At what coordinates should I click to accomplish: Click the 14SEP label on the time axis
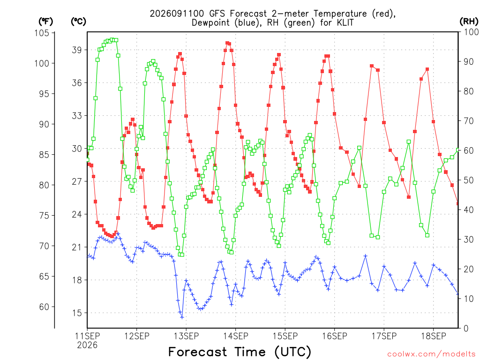pos(235,336)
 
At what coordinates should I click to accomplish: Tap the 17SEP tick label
pos(384,336)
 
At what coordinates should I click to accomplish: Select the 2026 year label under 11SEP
pos(87,345)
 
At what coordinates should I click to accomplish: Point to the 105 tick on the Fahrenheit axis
pos(42,33)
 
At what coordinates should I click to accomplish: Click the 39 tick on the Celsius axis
pos(77,50)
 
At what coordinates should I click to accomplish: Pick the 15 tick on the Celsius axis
pos(77,313)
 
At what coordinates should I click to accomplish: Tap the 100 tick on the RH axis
pos(472,32)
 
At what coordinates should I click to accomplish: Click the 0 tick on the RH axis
pos(466,329)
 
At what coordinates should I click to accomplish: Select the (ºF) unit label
pos(45,22)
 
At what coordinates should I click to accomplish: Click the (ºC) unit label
pos(78,22)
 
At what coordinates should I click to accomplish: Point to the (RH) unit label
pos(469,21)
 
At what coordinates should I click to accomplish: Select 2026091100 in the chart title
pos(177,14)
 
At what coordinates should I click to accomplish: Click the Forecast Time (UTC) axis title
pos(240,352)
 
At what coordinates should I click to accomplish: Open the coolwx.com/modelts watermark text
pos(431,354)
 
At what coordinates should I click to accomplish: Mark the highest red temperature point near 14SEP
pos(227,43)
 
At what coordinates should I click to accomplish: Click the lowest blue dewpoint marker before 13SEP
pos(182,317)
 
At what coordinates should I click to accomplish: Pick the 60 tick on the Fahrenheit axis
pos(45,307)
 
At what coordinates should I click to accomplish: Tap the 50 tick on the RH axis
pos(469,180)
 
